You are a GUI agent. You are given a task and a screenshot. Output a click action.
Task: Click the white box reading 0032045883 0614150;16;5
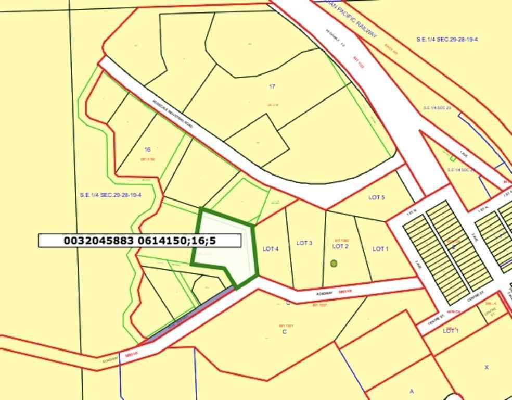(139, 241)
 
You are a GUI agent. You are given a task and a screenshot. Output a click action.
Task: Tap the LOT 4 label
(271, 249)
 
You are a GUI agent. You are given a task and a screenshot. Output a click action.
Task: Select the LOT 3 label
(304, 243)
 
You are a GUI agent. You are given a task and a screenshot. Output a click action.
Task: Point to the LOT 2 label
(340, 246)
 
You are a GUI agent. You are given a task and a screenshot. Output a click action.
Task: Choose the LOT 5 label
(377, 197)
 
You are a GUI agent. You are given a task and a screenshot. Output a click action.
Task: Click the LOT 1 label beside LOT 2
(380, 249)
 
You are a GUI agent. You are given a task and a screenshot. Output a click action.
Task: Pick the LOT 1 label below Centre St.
(451, 331)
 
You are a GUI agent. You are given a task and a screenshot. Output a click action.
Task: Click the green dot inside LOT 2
(334, 264)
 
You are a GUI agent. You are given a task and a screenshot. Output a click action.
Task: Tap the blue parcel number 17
(272, 86)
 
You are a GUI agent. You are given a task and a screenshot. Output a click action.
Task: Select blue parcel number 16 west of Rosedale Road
(147, 149)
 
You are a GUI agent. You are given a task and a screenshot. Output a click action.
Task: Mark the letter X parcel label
(487, 367)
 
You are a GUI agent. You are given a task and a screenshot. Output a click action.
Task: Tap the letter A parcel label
(412, 391)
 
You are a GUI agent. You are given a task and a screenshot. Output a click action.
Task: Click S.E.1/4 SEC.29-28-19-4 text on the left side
(110, 195)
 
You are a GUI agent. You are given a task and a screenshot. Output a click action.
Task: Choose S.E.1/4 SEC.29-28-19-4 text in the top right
(447, 40)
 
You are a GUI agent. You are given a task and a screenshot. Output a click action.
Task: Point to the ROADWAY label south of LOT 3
(324, 294)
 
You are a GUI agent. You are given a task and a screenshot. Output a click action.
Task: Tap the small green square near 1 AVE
(453, 158)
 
